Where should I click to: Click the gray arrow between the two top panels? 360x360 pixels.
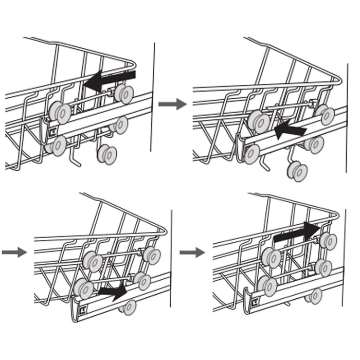click(172, 104)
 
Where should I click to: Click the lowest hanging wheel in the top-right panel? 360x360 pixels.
click(297, 171)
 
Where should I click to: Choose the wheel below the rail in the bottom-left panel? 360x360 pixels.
click(128, 307)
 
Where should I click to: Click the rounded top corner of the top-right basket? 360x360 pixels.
click(338, 80)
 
